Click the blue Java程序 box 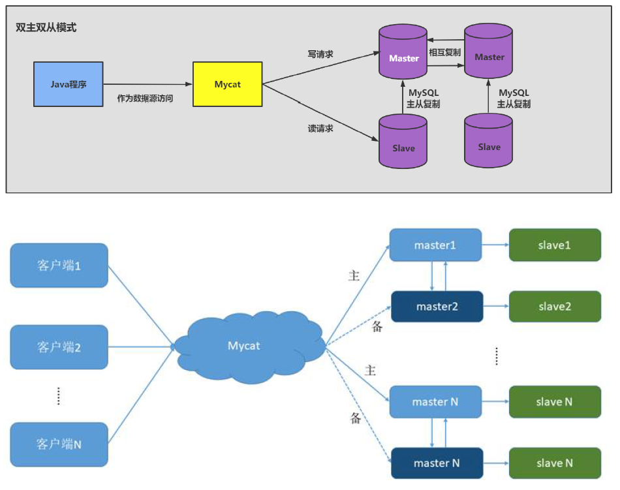click(69, 84)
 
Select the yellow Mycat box click(228, 84)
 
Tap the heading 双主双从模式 click(46, 28)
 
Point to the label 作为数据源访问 click(145, 99)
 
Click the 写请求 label click(320, 54)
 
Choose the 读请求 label click(320, 129)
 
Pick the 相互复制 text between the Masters click(445, 52)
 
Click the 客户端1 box click(59, 266)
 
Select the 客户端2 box click(59, 347)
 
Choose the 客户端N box click(59, 444)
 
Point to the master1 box click(435, 245)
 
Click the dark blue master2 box click(437, 306)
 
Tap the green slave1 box click(555, 245)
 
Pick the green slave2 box click(555, 306)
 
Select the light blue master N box click(435, 402)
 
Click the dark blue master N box click(437, 463)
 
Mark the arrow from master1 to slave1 click(495, 245)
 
